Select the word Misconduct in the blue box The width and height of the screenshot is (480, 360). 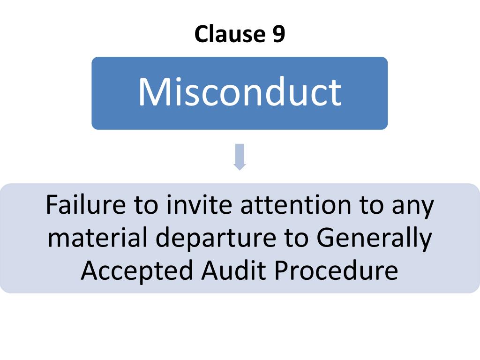tap(240, 92)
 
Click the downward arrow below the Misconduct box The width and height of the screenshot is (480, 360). tap(240, 157)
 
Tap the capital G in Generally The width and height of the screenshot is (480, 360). tap(325, 238)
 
